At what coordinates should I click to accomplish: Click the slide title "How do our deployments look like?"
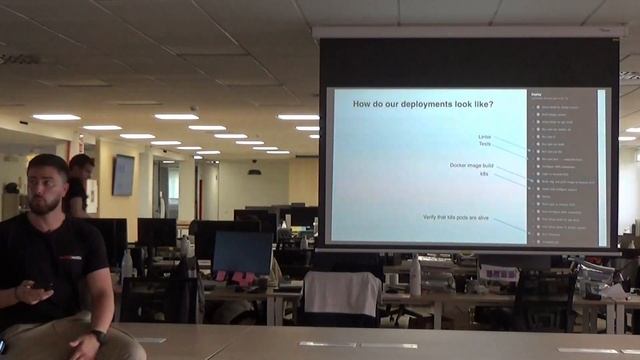[x=424, y=103]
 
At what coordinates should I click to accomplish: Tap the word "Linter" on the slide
[x=485, y=136]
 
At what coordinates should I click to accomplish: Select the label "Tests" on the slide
[x=485, y=145]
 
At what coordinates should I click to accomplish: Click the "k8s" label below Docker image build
[x=484, y=174]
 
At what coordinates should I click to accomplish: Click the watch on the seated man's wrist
[x=98, y=337]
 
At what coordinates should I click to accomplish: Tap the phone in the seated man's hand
[x=42, y=287]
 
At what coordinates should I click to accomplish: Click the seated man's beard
[x=46, y=204]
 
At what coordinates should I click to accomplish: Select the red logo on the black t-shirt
[x=69, y=258]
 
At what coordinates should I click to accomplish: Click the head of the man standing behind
[x=81, y=166]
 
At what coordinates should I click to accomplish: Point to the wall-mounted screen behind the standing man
[x=123, y=175]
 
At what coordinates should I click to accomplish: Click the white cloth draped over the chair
[x=342, y=293]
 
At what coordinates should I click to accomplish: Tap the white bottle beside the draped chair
[x=415, y=277]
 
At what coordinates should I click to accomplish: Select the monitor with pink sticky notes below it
[x=242, y=251]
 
